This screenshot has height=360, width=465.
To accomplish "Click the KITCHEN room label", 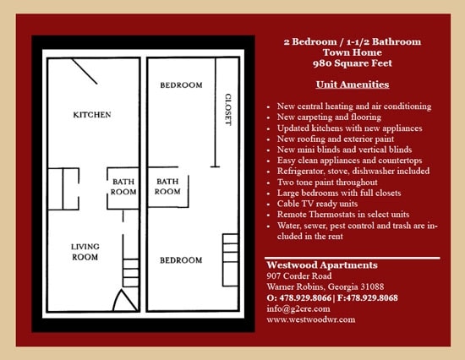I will pos(92,115).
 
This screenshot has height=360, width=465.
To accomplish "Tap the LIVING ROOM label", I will pos(85,251).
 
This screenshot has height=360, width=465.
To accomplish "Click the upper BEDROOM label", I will pos(181,85).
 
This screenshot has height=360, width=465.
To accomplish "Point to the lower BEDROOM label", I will pos(181,259).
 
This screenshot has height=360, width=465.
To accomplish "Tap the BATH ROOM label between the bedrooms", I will pos(167,187).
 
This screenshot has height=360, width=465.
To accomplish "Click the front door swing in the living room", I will pos(123,301).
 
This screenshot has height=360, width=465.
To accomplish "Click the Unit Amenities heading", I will pos(353,85).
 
